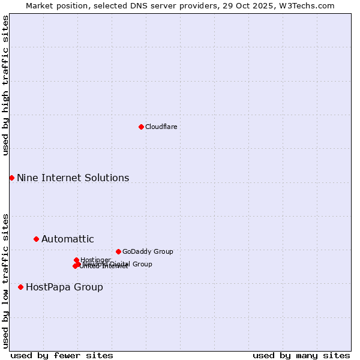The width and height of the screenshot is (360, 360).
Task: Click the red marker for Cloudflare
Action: pos(141,127)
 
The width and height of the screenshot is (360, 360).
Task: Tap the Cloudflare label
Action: pos(161,127)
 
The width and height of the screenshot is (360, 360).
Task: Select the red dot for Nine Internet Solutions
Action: pos(11,178)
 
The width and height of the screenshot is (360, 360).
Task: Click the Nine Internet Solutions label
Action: pos(73,178)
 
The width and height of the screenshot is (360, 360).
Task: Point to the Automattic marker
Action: pos(36,239)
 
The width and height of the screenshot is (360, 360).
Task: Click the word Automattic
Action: pos(67,239)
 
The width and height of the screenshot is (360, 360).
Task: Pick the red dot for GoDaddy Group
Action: pos(118,251)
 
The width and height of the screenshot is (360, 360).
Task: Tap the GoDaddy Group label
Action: pos(148,251)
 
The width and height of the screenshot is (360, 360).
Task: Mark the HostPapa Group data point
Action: pos(20,287)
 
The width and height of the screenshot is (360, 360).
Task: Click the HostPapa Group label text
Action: pos(64,287)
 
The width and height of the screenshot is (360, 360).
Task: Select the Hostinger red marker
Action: pos(76,260)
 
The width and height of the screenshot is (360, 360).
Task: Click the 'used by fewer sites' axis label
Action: pos(62,355)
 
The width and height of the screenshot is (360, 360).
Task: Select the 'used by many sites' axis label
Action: pos(301,355)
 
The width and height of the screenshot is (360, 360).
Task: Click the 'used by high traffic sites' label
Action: pos(5,85)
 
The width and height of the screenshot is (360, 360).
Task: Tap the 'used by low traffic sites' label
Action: pos(5,281)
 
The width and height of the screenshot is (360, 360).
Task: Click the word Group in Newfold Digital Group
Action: pos(142,264)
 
